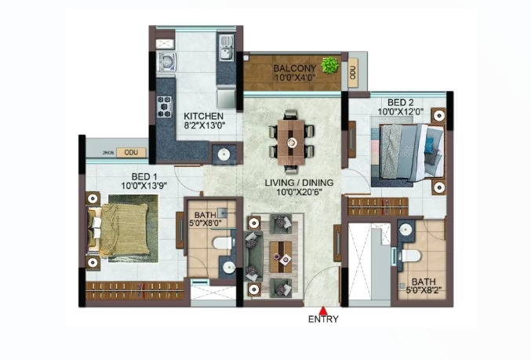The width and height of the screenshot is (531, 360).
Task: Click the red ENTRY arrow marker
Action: (x=323, y=311)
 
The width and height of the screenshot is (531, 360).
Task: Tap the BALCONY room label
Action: (x=294, y=68)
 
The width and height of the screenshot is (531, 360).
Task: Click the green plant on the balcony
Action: (x=330, y=65)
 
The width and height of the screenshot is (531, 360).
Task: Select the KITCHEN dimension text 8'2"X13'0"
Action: (x=204, y=126)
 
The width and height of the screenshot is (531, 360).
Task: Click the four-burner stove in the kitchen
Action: (x=165, y=107)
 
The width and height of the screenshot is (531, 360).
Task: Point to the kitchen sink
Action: (x=226, y=47)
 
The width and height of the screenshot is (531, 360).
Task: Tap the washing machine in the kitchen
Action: (x=166, y=62)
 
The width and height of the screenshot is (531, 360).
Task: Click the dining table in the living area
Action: (x=291, y=142)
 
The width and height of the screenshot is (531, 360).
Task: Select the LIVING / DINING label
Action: (x=299, y=183)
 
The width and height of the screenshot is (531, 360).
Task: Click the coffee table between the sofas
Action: (x=281, y=256)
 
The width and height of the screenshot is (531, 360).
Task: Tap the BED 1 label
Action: (x=144, y=176)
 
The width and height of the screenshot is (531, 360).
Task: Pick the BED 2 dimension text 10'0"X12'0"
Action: (x=401, y=111)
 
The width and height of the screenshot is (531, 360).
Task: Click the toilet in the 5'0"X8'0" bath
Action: (x=223, y=243)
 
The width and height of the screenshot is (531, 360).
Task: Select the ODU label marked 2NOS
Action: (x=131, y=152)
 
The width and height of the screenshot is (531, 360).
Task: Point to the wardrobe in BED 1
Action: (x=135, y=290)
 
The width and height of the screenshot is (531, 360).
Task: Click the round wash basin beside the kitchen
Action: (x=224, y=155)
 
